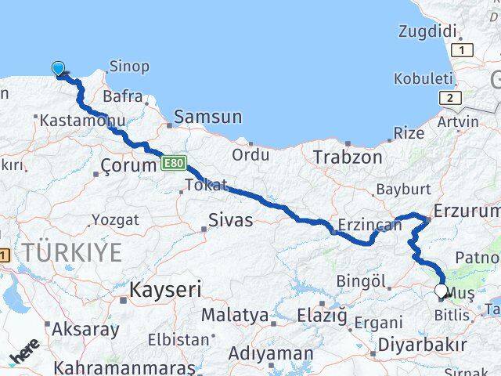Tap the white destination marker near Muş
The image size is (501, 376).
pyautogui.click(x=442, y=292)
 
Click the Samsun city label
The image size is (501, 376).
pyautogui.click(x=208, y=117)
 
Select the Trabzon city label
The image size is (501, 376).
pyautogui.click(x=348, y=157)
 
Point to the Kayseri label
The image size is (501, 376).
pyautogui.click(x=165, y=290)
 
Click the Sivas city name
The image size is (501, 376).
pyautogui.click(x=230, y=220)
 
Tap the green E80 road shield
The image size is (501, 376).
pyautogui.click(x=174, y=163)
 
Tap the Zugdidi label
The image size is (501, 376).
pyautogui.click(x=427, y=32)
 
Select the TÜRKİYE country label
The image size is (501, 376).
pyautogui.click(x=72, y=253)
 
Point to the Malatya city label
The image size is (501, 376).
pyautogui.click(x=235, y=316)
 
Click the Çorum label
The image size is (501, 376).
pyautogui.click(x=129, y=166)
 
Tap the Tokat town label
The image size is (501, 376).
pyautogui.click(x=206, y=186)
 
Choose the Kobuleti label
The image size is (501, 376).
pyautogui.click(x=424, y=78)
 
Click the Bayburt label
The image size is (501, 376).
pyautogui.click(x=403, y=189)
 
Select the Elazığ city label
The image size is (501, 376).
pyautogui.click(x=322, y=316)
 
